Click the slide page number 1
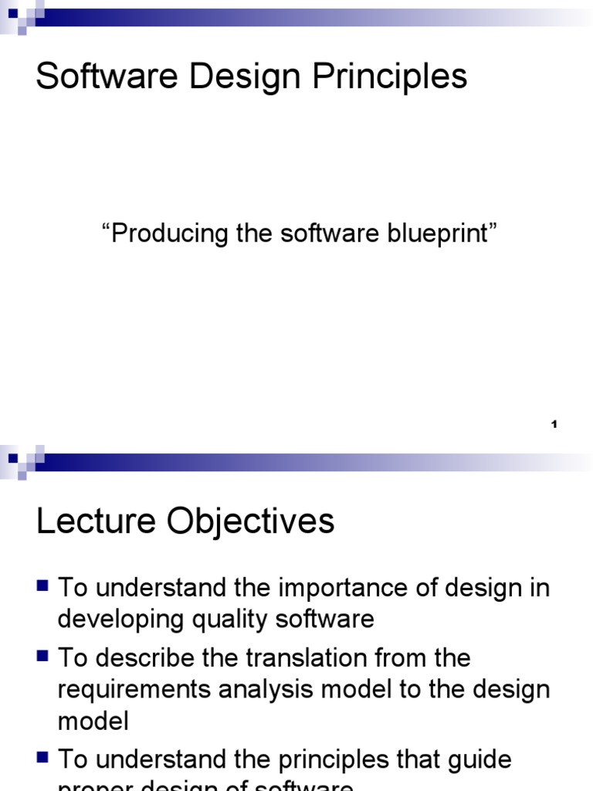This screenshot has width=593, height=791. [554, 424]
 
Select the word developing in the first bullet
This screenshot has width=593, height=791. [114, 619]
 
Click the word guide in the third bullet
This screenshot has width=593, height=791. [480, 760]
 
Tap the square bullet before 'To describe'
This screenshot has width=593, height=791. [43, 657]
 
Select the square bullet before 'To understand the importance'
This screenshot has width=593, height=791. [43, 587]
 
